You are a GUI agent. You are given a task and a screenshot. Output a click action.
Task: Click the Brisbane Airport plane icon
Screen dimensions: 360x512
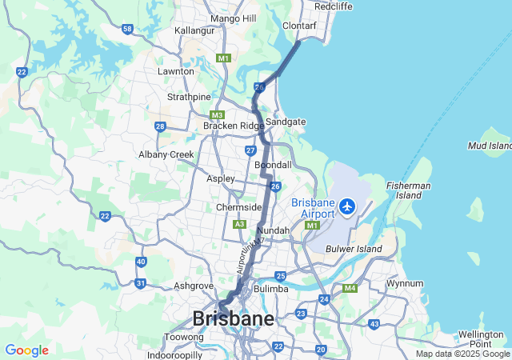point(347,206)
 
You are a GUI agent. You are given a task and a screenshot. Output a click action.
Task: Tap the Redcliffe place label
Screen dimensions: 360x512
point(333,6)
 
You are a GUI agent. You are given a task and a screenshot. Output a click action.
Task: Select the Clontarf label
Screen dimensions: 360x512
point(300,26)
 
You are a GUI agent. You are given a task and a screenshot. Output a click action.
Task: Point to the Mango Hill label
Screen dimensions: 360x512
point(232,18)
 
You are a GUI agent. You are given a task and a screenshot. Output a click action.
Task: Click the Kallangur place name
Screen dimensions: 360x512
point(195,30)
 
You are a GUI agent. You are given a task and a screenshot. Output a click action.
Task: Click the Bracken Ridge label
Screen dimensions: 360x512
point(233,126)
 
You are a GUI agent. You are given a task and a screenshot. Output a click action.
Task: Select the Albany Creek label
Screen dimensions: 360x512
point(166,154)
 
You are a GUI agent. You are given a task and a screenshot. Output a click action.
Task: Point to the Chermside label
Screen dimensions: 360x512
point(239,207)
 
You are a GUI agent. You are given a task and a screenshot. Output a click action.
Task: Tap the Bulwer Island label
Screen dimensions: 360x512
point(354,250)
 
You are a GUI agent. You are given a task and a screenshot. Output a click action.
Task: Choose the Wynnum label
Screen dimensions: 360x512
point(404,283)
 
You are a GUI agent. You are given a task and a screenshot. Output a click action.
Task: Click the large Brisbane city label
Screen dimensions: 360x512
point(233,318)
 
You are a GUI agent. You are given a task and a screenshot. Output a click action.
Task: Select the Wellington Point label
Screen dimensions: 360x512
point(482,338)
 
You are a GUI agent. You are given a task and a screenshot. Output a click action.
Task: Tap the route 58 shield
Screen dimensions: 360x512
point(127,29)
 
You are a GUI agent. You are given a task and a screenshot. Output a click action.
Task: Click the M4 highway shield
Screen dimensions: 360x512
point(350,288)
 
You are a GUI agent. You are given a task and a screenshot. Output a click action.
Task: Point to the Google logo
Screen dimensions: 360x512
point(26,350)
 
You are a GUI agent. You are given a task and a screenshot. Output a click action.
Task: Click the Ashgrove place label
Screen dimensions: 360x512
point(194,286)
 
